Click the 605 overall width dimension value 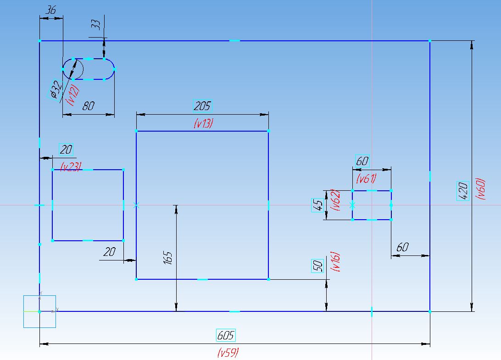[226, 335]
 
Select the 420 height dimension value [462, 191]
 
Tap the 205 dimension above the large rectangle [203, 106]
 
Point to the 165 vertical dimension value [168, 258]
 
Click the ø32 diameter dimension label [55, 89]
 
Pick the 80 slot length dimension [88, 106]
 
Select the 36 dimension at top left [50, 10]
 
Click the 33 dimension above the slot [96, 25]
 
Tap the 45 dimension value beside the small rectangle [317, 205]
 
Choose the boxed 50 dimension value [317, 266]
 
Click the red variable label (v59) [228, 352]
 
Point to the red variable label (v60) [480, 189]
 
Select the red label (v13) [203, 123]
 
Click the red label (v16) [335, 261]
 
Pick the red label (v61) [367, 178]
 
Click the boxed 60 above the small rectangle [362, 161]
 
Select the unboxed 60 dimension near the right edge [403, 247]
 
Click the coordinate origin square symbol [39, 311]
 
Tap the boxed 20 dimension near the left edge [66, 150]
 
